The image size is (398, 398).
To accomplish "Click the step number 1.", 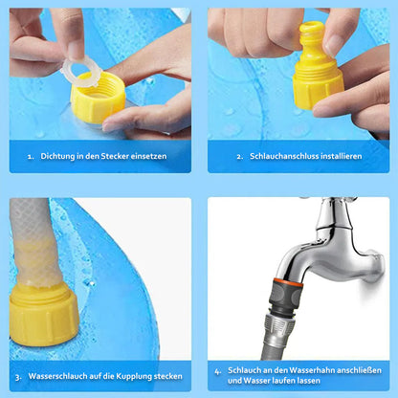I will (31, 155).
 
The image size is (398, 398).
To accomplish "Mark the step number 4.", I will (218, 370).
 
